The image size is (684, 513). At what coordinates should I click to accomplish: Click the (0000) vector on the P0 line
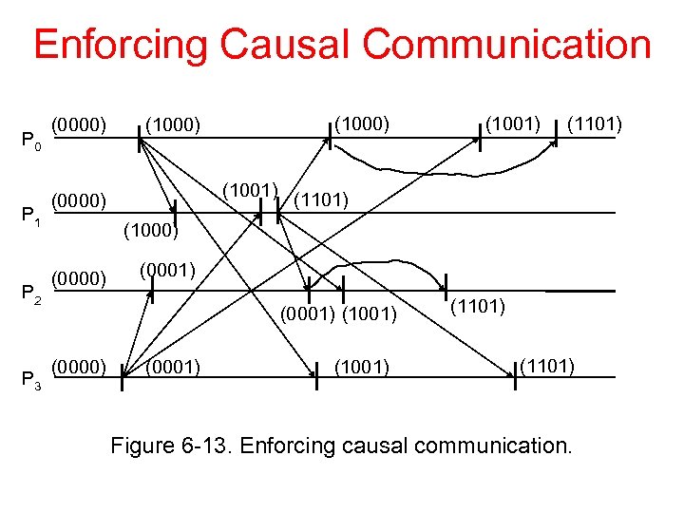click(78, 123)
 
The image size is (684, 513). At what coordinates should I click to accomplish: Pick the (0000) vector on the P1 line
click(78, 200)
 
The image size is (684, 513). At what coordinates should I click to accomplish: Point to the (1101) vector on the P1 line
click(322, 199)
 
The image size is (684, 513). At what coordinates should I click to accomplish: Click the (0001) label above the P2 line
click(168, 271)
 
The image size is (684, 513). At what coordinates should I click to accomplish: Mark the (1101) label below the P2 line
click(477, 306)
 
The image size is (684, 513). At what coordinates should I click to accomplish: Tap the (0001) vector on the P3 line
click(173, 366)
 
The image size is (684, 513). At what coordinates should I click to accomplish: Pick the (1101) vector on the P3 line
click(546, 365)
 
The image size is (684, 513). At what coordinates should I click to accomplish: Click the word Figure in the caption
click(142, 445)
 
